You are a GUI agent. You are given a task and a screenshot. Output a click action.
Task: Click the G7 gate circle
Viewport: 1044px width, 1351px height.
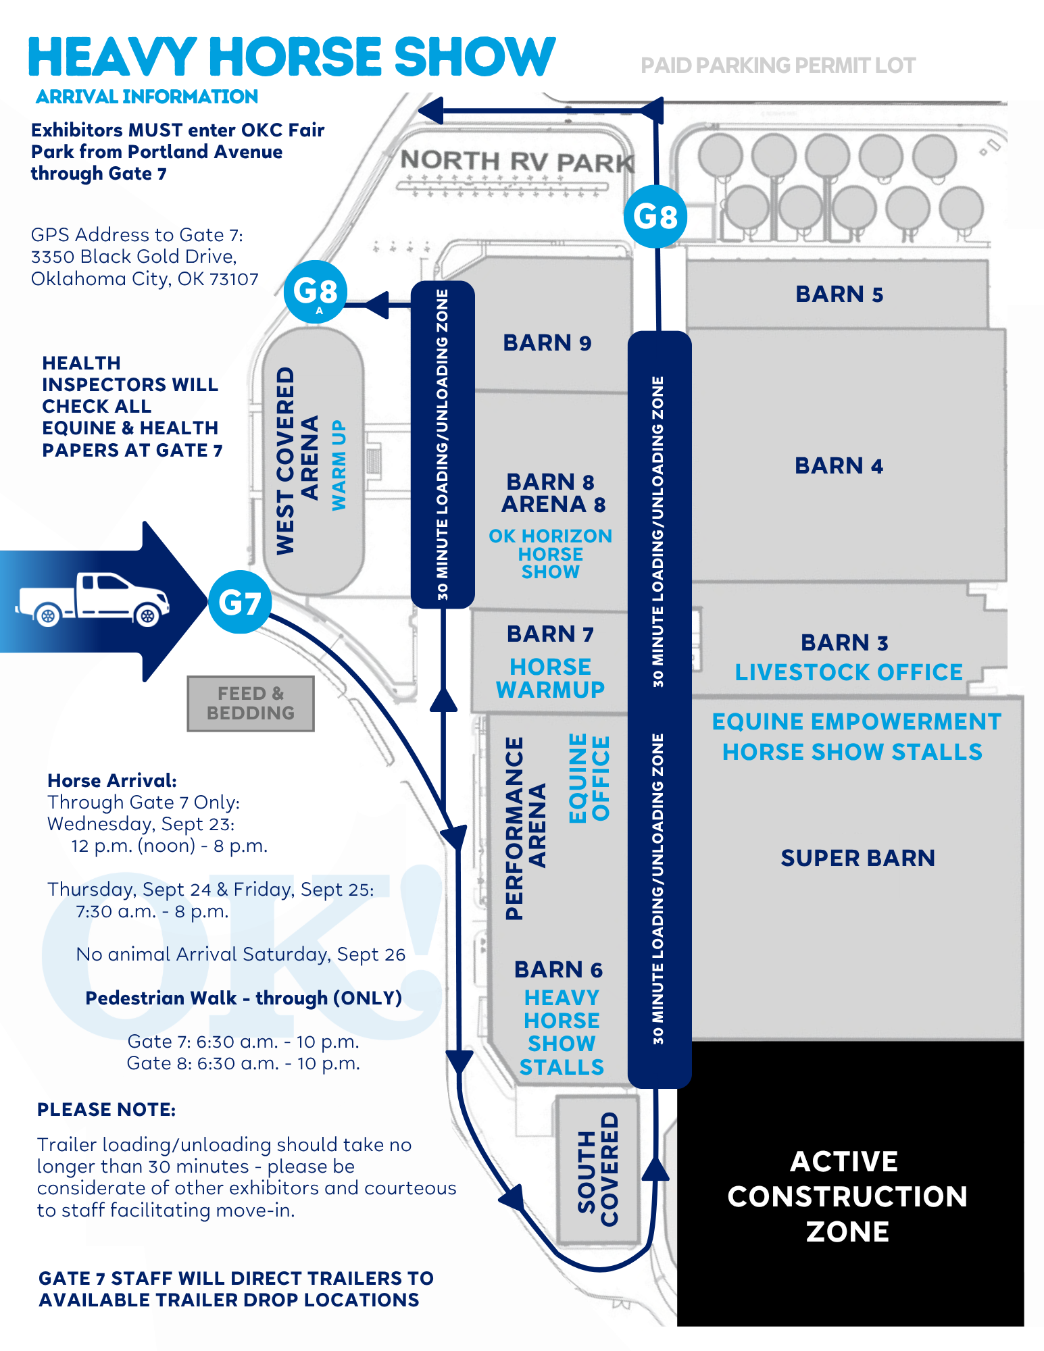[240, 602]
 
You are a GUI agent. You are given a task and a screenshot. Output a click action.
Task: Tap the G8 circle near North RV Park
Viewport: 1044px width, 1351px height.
[655, 216]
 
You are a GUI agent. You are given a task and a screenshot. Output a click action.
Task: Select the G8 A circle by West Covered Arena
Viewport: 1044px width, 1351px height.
[316, 292]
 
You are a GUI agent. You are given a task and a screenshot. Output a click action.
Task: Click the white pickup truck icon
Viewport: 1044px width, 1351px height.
[93, 599]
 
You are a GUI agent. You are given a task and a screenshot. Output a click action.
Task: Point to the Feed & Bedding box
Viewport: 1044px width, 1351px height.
[251, 703]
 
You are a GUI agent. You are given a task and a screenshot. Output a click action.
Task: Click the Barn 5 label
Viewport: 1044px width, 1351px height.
[839, 295]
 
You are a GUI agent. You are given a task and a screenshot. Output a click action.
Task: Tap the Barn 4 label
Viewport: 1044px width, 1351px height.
[839, 465]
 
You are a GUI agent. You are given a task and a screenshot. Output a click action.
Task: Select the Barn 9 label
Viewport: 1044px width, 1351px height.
[547, 343]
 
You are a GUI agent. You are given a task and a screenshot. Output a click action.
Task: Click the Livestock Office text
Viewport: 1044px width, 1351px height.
[849, 672]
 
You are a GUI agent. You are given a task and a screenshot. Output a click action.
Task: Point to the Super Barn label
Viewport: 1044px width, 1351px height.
[858, 858]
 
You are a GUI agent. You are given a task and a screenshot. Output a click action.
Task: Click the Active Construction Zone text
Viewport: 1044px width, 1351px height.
[847, 1196]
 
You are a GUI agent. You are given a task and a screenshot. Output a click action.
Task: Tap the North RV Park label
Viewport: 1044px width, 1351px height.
[518, 161]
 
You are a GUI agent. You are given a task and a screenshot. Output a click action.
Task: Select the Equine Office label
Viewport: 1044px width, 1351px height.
[589, 778]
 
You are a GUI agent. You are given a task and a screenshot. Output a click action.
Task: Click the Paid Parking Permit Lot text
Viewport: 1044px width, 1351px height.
[778, 66]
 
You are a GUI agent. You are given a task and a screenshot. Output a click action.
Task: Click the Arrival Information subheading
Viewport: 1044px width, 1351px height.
[147, 97]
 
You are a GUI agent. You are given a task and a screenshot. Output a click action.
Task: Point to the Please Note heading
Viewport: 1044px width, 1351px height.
[106, 1110]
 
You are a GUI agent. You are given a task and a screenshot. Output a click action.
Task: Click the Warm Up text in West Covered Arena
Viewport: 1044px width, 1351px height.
[339, 465]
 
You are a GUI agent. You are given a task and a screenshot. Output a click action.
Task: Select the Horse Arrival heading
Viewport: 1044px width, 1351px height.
[112, 781]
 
